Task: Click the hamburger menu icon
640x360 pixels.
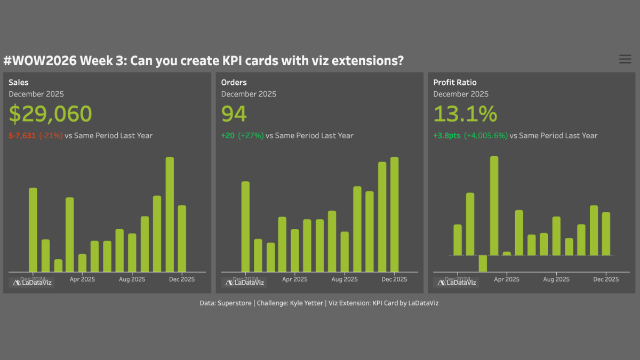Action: click(x=625, y=59)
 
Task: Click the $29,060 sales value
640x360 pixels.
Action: click(x=50, y=114)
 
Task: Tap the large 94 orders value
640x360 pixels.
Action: click(x=234, y=114)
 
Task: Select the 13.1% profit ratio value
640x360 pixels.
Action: click(x=465, y=114)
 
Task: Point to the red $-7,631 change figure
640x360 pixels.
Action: click(x=22, y=135)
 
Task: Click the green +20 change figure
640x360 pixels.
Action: click(x=228, y=135)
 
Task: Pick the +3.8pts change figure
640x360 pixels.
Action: click(x=446, y=135)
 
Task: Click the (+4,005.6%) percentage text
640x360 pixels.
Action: click(x=485, y=135)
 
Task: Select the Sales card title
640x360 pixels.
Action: click(x=19, y=83)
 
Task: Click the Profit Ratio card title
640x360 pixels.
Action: click(x=455, y=83)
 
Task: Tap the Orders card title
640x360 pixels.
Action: click(x=234, y=83)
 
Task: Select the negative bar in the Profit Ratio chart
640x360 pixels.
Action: click(x=483, y=263)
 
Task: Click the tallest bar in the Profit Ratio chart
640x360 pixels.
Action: click(x=494, y=206)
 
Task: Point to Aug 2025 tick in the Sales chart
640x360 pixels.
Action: click(x=132, y=279)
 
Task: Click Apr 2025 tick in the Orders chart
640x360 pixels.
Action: click(x=294, y=279)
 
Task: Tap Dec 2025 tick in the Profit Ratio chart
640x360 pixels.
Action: click(x=606, y=279)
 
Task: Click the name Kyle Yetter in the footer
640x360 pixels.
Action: click(x=304, y=303)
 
